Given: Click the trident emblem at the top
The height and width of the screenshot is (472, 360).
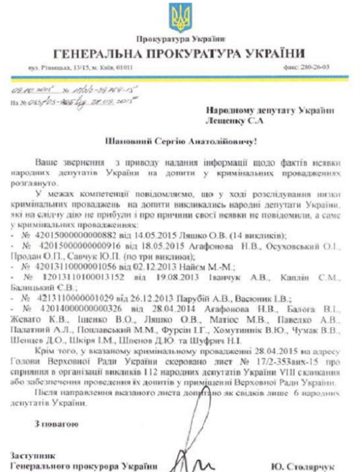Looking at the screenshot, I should (x=179, y=17).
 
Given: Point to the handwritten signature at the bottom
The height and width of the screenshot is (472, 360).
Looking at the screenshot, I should (x=197, y=462).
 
